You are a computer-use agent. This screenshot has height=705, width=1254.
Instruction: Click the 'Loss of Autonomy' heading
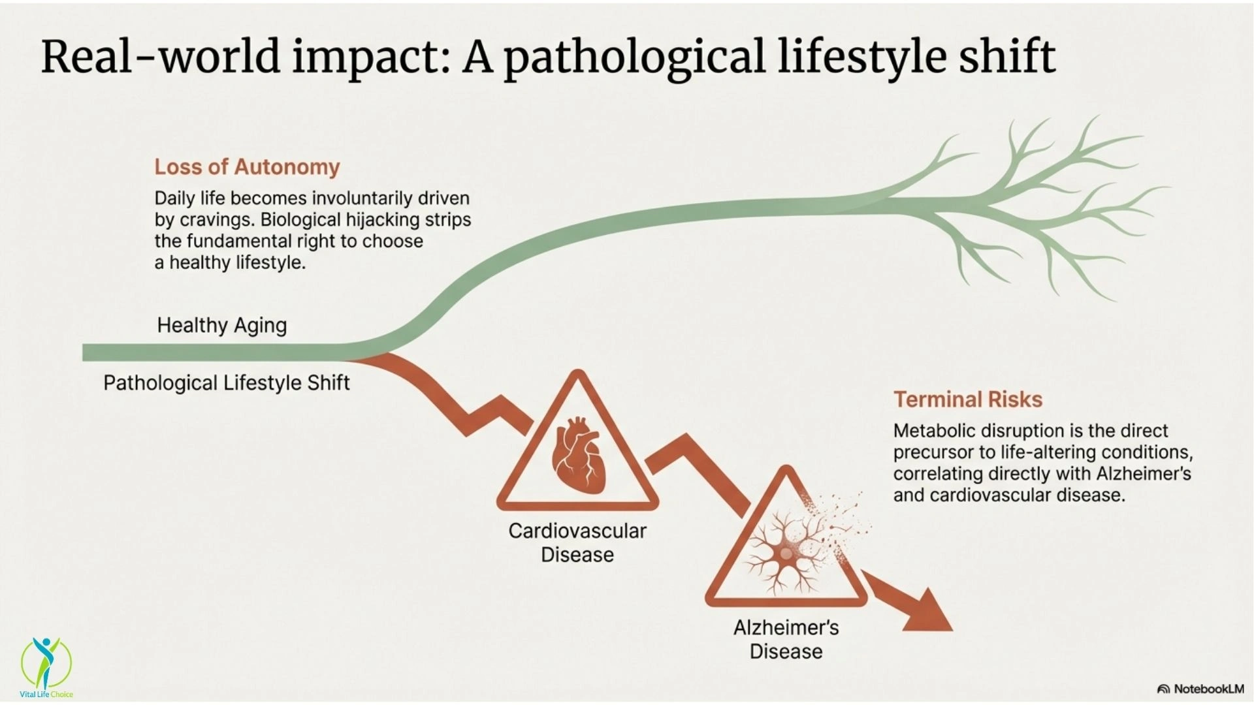(x=247, y=167)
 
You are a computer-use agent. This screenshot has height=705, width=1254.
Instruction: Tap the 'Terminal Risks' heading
(x=968, y=399)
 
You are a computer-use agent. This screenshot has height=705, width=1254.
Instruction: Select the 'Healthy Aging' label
(x=222, y=325)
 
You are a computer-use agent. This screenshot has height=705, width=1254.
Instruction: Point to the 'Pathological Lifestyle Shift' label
(x=227, y=383)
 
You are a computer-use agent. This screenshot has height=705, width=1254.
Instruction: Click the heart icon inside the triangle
(x=577, y=456)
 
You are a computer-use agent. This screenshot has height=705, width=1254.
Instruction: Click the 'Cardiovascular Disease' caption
(x=577, y=542)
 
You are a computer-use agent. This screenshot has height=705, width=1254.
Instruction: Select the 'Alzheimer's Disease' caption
(x=786, y=639)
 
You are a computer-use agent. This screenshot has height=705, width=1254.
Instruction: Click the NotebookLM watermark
(x=1200, y=689)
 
